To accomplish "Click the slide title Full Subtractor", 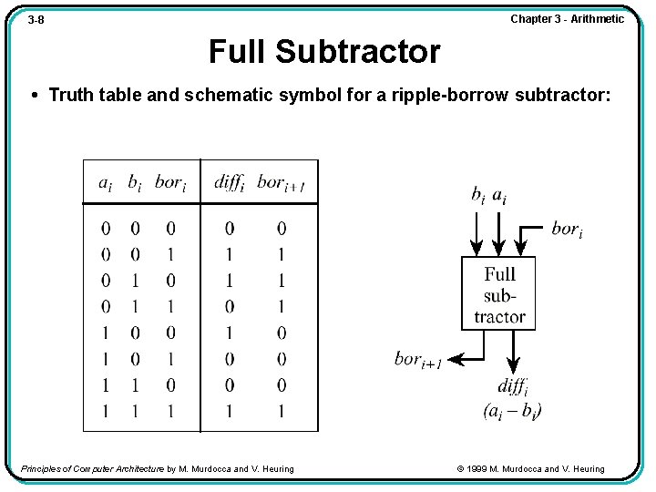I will pos(323,52).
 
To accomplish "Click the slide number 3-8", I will pos(36,19).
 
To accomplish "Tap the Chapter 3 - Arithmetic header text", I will pos(567,19).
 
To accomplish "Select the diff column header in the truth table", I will pos(230,182).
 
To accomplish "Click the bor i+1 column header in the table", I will pos(281,183).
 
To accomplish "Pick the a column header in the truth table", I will pos(106,183).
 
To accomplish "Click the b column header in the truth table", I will pos(134,183).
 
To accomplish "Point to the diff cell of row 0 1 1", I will pos(229,306).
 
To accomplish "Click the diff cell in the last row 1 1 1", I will pos(229,411).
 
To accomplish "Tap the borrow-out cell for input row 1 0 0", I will pos(281,333).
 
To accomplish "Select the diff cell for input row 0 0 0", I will pos(229,228).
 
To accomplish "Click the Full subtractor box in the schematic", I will pos(498,293).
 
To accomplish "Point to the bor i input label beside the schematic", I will pos(566,229).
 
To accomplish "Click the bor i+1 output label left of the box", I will pos(418,360).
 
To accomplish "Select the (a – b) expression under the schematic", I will pos(513,410).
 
